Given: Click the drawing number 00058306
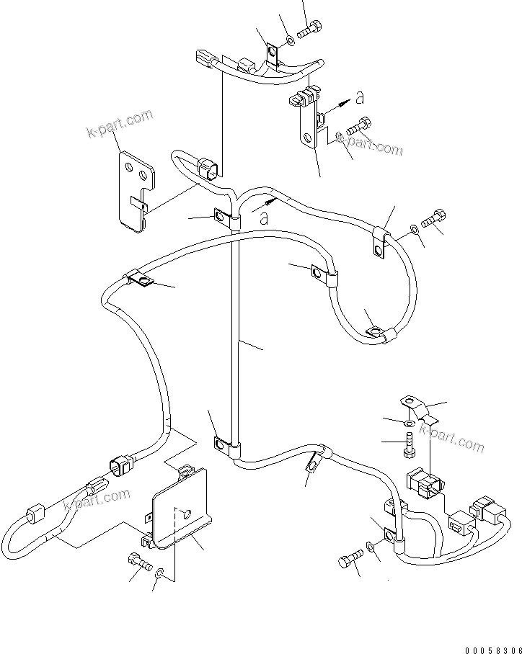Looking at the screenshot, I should coord(490,648).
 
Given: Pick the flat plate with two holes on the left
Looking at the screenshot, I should coord(137,190).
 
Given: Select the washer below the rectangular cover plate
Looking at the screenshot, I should coord(159,573).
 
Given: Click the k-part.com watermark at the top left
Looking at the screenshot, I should coord(119,124).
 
